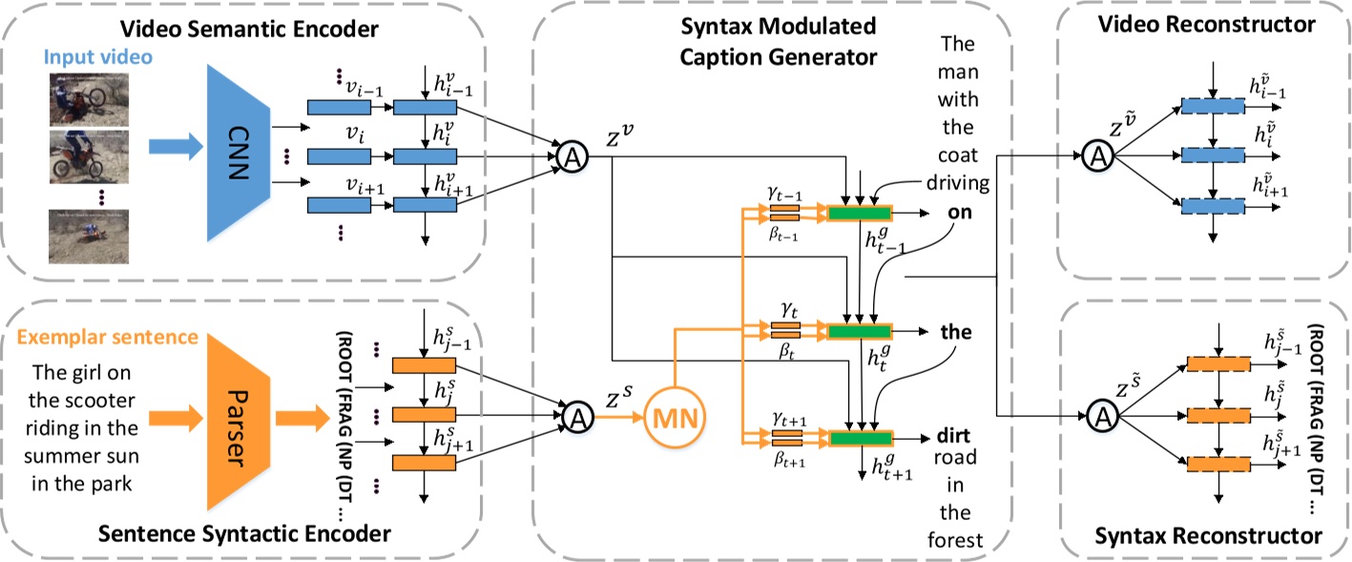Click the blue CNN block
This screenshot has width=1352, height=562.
click(x=235, y=145)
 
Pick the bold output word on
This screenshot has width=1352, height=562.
click(x=960, y=213)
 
